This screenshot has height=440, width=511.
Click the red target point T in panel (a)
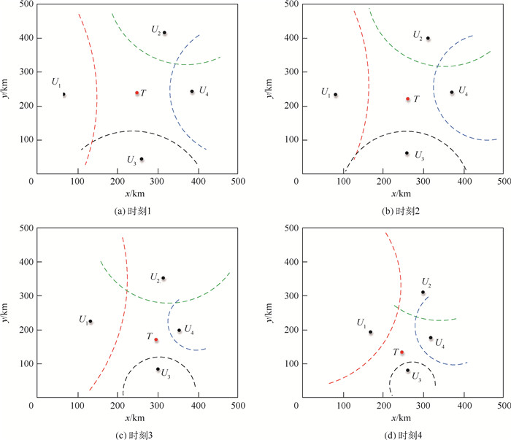[137, 93]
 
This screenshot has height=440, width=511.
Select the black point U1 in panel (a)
[64, 94]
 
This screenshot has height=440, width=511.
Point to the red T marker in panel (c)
[156, 339]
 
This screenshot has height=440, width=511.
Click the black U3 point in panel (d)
[408, 370]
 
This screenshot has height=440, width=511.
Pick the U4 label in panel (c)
[189, 330]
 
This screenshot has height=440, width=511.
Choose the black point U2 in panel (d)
[423, 293]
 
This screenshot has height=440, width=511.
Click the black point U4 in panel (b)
[452, 92]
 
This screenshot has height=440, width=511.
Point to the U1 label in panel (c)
[84, 320]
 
